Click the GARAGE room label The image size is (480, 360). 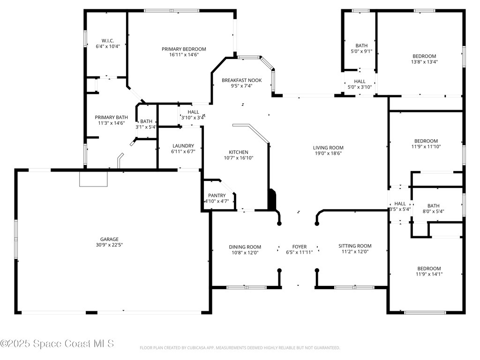[109, 239]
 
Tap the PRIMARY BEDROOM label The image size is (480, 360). [184, 49]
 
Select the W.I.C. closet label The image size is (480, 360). [108, 41]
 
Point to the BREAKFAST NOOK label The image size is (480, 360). [241, 80]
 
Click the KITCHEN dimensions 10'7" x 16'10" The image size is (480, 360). [238, 158]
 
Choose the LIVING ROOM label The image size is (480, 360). [328, 148]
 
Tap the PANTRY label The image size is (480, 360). [217, 195]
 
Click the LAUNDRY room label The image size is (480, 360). [183, 146]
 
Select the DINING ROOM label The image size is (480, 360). [245, 247]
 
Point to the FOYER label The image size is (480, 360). [299, 247]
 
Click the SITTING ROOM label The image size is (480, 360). [355, 246]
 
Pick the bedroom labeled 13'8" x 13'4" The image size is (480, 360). [424, 56]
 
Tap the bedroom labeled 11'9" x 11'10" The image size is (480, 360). [426, 141]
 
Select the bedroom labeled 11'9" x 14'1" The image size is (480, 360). [428, 269]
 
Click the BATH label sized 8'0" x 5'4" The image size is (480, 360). [433, 206]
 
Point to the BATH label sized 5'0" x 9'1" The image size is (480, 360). [361, 46]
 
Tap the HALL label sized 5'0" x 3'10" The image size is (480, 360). [360, 82]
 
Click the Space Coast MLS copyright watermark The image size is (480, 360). [57, 344]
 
